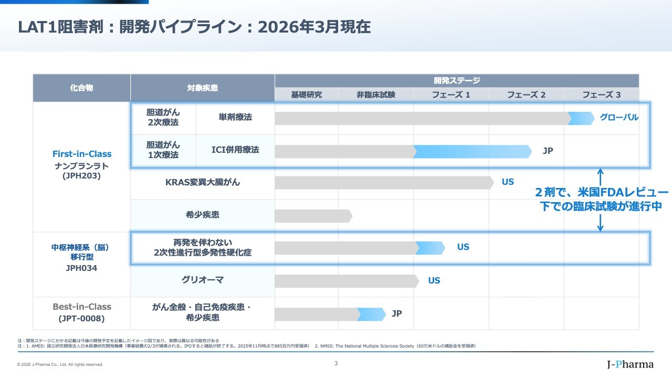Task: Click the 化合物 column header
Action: tap(81, 88)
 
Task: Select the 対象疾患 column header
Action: tap(202, 88)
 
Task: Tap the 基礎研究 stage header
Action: tap(307, 95)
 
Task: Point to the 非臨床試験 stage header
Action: tap(376, 95)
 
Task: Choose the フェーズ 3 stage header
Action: tap(601, 95)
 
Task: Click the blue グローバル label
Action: tap(619, 118)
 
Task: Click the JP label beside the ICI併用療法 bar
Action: tap(548, 151)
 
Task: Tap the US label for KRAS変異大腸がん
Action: tap(508, 182)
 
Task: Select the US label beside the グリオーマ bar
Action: tap(434, 281)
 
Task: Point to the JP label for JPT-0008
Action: tap(396, 314)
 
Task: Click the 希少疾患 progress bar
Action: tap(313, 216)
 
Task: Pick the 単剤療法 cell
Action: tap(235, 118)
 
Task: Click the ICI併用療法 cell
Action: tap(235, 150)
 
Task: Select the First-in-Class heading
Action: tap(82, 154)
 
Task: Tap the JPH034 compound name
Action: tap(81, 268)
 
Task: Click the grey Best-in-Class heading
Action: tap(82, 307)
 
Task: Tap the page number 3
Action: tap(336, 363)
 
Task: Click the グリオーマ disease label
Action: tap(202, 280)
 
